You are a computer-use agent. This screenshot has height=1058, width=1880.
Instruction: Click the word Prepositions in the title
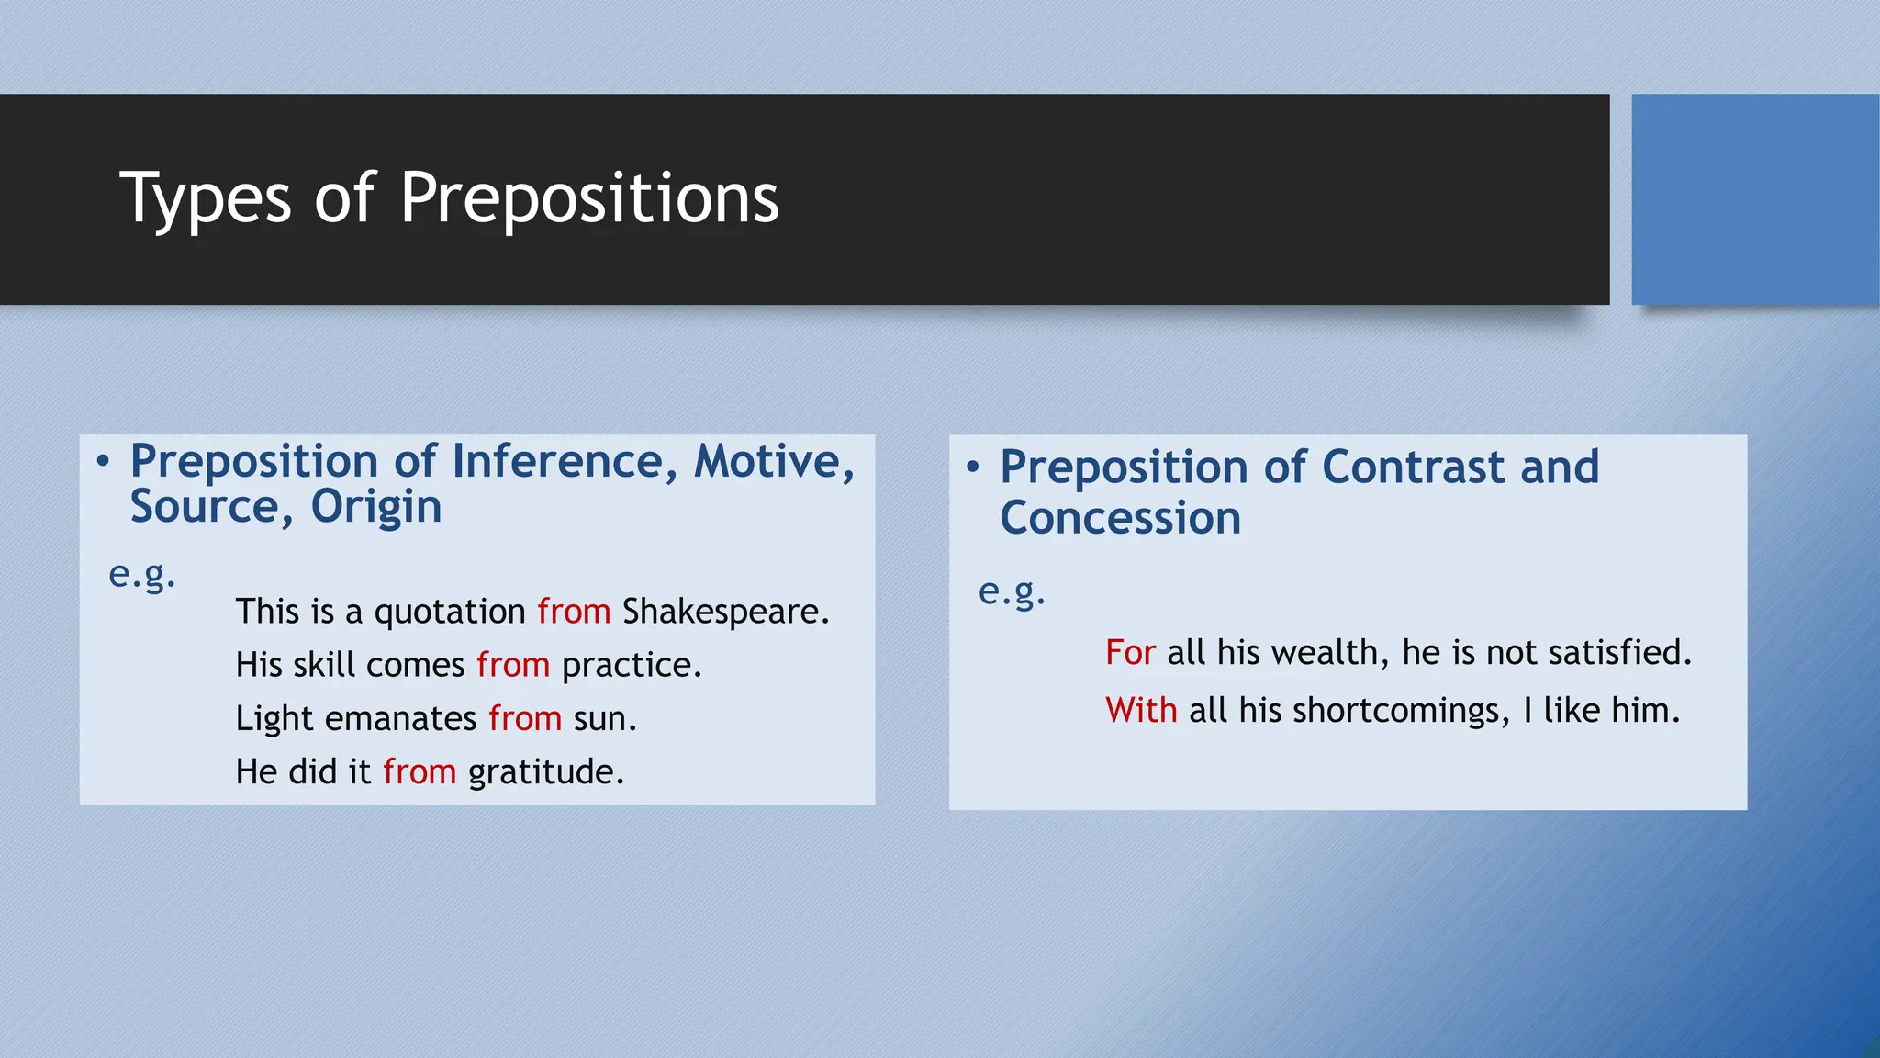point(589,198)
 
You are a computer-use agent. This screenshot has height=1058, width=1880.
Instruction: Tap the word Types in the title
point(206,198)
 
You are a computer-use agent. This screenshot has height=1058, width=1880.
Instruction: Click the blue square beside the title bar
point(1754,199)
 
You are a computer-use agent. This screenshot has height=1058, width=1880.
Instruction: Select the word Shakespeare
point(724,612)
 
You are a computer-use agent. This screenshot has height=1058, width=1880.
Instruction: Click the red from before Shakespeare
point(574,612)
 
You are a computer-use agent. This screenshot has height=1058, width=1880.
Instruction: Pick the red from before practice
point(513,665)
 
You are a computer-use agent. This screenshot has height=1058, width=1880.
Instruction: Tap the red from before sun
point(525,718)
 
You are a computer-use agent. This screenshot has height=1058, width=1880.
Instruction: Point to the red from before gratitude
point(420,771)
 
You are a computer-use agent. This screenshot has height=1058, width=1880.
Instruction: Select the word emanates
point(401,718)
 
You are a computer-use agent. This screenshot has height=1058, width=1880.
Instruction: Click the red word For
point(1130,653)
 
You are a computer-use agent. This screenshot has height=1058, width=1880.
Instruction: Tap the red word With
point(1141,711)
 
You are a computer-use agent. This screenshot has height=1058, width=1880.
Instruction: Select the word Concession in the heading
point(1120,518)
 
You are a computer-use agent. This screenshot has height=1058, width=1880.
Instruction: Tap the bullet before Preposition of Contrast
point(973,467)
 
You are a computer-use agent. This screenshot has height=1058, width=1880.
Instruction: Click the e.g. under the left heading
point(141,575)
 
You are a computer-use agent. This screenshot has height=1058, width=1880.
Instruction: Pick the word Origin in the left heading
point(376,507)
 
